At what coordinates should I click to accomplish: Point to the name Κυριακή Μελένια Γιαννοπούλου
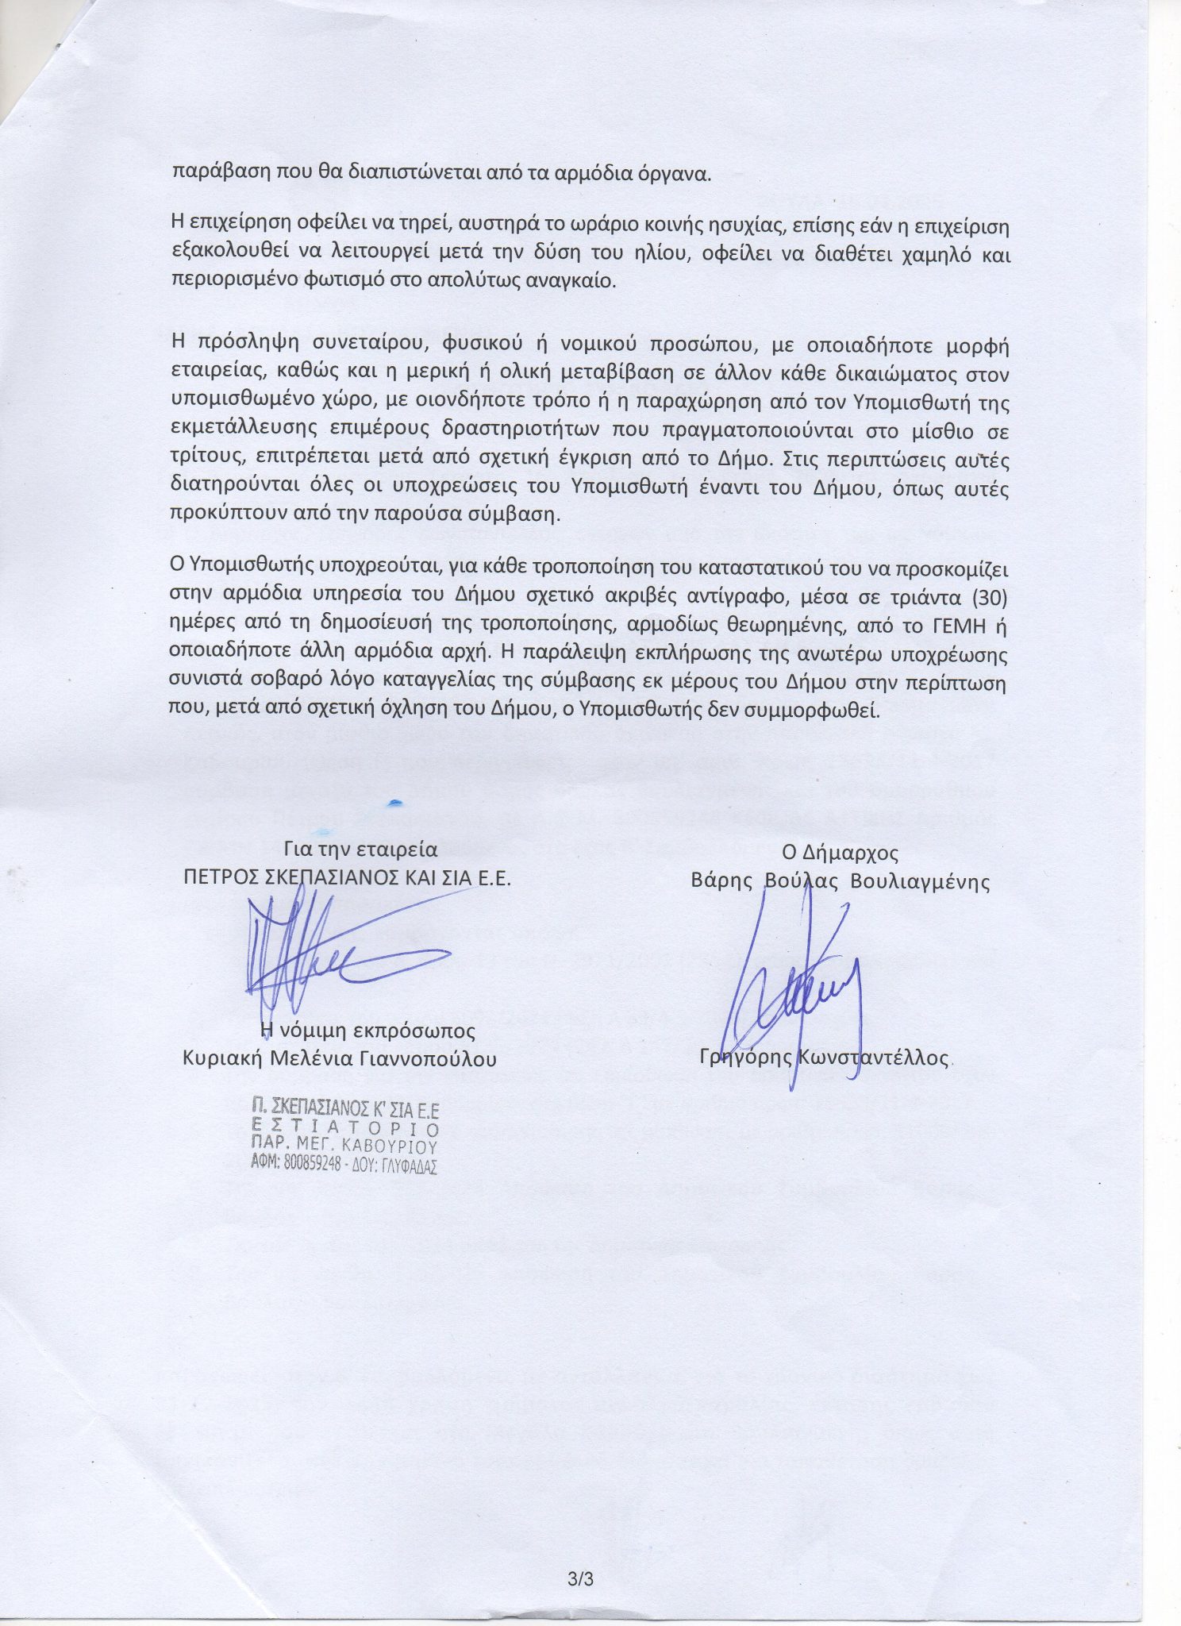(x=339, y=1058)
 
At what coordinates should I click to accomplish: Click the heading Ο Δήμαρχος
(x=840, y=853)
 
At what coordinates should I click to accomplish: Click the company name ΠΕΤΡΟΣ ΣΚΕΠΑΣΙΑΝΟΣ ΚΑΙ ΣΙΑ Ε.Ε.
(x=347, y=878)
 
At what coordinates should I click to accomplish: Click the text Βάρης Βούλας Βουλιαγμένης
(x=840, y=882)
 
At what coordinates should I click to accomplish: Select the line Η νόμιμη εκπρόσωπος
(x=368, y=1031)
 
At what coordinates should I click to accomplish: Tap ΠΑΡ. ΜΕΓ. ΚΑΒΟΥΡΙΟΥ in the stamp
(x=344, y=1146)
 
